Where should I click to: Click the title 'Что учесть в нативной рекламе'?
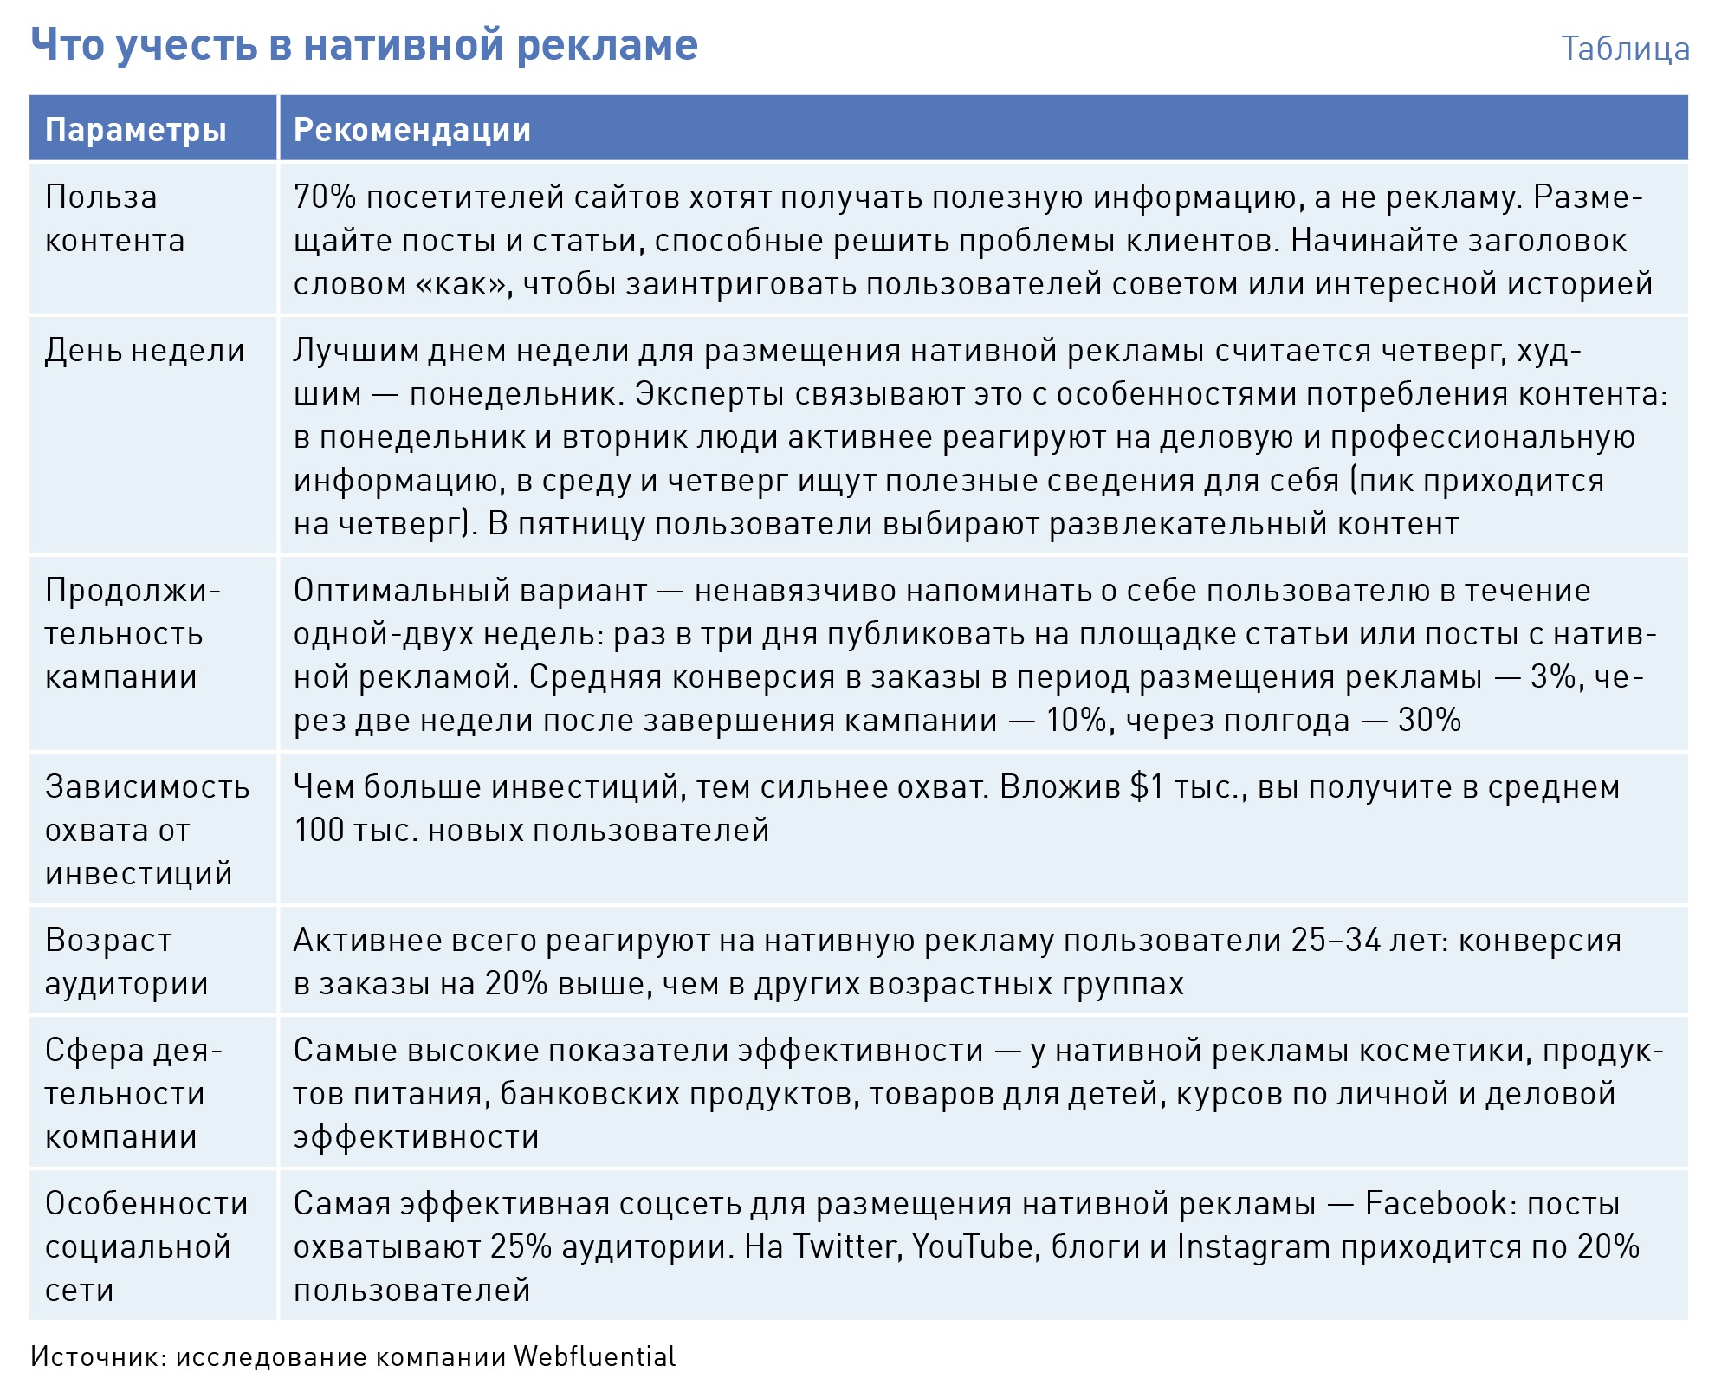[364, 45]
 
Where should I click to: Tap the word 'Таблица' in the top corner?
[1625, 49]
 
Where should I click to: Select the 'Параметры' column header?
[136, 130]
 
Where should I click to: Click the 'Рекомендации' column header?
[412, 130]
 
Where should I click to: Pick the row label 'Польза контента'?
[114, 218]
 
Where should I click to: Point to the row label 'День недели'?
[145, 351]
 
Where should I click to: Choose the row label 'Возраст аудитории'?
[126, 961]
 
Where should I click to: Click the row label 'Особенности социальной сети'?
[146, 1246]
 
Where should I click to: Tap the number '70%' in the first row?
[325, 197]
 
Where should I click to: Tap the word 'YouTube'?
[973, 1247]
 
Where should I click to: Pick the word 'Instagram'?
[1253, 1247]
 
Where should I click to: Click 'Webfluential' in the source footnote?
[594, 1356]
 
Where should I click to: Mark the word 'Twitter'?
[845, 1247]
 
